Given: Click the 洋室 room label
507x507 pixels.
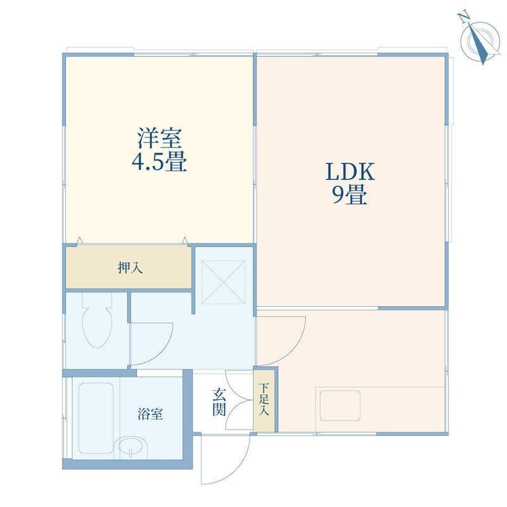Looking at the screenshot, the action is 160,138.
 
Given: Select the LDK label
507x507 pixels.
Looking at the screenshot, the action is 350,172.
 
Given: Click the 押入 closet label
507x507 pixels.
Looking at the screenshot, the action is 130,267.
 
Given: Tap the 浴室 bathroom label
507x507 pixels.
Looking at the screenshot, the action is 150,414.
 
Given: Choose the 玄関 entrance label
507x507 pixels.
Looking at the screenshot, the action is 219,402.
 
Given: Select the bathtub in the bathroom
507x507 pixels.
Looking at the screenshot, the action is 96,418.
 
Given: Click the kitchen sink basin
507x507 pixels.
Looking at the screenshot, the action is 340,405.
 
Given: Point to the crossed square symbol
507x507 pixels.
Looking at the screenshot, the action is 223,282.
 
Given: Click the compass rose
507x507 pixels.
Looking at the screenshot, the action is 480,39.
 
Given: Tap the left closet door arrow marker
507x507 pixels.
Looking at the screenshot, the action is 80,241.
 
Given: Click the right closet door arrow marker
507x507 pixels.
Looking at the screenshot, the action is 184,241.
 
